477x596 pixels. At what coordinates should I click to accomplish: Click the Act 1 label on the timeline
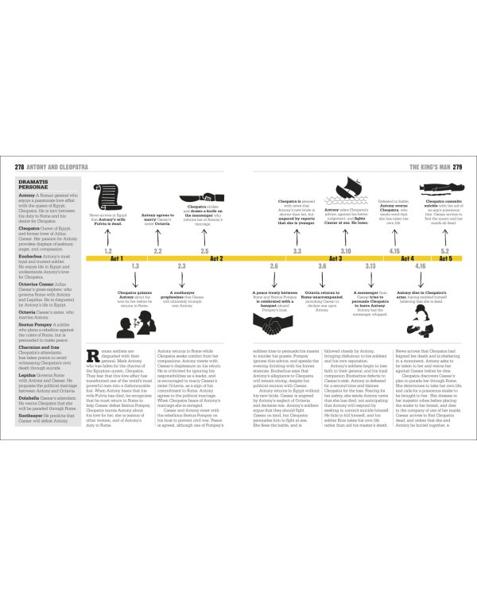click(x=116, y=258)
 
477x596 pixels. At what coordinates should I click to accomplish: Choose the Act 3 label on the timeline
click(x=335, y=258)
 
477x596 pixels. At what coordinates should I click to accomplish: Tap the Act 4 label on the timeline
click(x=407, y=258)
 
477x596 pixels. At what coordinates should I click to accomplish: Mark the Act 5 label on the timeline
click(x=445, y=258)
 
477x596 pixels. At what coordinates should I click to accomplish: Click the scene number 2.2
click(x=157, y=251)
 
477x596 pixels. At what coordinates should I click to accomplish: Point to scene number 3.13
click(x=370, y=265)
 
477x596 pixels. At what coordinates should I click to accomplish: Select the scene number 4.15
click(x=394, y=251)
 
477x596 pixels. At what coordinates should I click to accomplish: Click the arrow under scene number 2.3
click(x=181, y=277)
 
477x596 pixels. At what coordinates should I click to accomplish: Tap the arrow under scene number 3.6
click(x=322, y=277)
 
